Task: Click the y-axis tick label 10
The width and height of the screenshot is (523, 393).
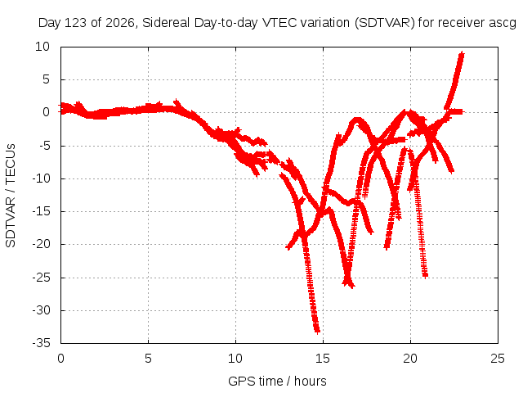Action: [x=42, y=47]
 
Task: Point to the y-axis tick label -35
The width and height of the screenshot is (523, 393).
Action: [x=42, y=343]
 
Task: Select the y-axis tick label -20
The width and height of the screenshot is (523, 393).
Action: [x=42, y=244]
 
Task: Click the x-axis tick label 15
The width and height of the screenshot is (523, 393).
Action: [x=323, y=359]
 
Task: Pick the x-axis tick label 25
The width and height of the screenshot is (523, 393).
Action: [x=498, y=359]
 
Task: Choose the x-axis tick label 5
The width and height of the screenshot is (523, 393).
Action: [x=148, y=359]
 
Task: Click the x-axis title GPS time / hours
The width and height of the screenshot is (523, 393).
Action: [x=277, y=381]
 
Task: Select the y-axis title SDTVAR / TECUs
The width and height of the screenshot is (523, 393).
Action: [x=11, y=196]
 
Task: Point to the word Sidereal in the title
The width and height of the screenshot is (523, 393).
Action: [x=166, y=23]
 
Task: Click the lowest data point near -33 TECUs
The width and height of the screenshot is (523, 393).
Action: [x=317, y=331]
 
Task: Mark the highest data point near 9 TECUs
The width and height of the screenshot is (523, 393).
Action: [x=462, y=54]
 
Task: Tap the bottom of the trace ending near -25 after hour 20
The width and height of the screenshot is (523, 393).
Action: [x=425, y=276]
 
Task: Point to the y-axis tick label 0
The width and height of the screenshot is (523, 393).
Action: [x=46, y=113]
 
